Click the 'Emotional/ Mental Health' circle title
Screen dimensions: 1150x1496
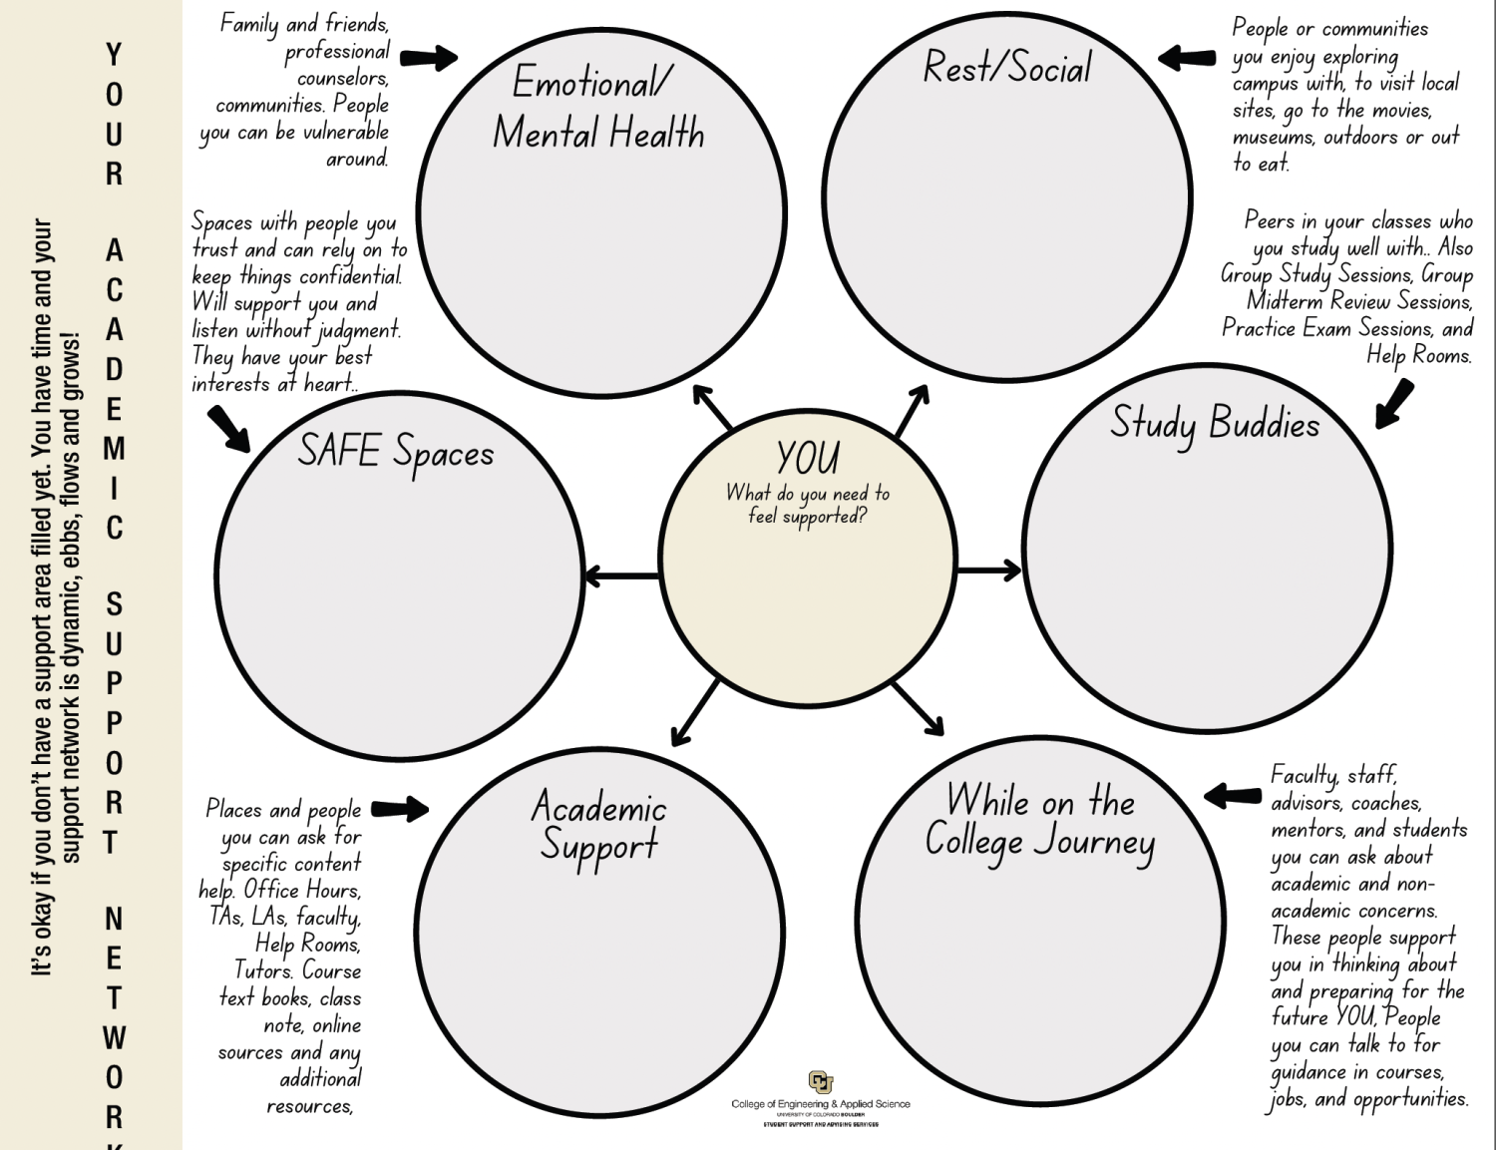[598, 107]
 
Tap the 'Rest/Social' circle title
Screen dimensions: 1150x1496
[1007, 68]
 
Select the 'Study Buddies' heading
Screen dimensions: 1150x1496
[1215, 424]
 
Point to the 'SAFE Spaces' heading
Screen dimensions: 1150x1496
[396, 452]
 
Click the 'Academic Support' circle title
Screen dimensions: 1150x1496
[599, 826]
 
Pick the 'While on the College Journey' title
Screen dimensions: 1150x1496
[1040, 821]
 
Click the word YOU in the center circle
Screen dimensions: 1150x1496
[808, 459]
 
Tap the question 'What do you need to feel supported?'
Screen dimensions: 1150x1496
[808, 505]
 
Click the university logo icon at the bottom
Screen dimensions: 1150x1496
[820, 1082]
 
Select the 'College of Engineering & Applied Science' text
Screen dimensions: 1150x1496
[820, 1104]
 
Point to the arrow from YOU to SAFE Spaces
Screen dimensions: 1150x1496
[620, 576]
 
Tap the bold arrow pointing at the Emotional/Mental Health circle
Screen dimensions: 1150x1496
[429, 58]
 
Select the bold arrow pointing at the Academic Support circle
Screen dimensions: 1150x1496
[400, 808]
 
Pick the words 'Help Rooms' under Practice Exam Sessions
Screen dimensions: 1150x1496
[1418, 355]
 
